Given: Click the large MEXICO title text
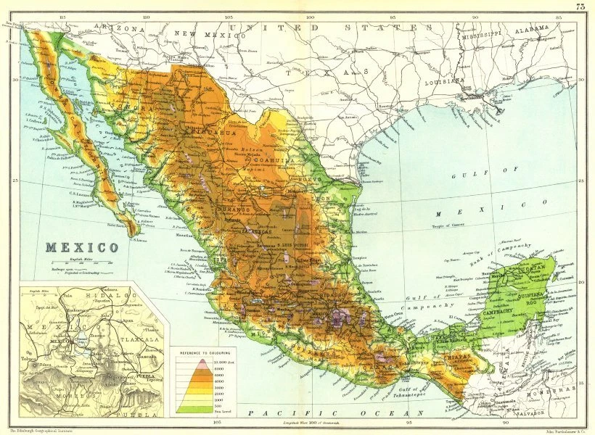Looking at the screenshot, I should [81, 247].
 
